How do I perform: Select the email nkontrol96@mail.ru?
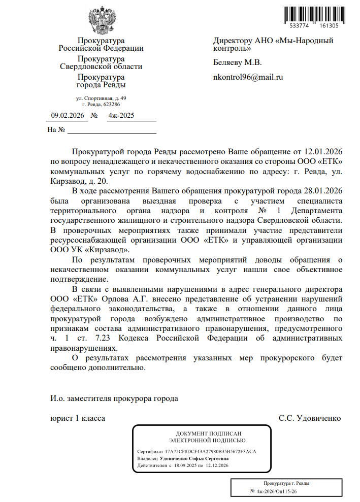[248, 78]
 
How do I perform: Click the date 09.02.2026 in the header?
[69, 116]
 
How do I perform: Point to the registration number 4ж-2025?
[121, 116]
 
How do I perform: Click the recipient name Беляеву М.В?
[237, 63]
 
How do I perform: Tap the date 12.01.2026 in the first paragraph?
[323, 152]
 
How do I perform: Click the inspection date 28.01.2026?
[323, 191]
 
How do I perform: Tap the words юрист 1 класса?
[77, 418]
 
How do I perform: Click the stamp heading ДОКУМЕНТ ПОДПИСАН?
[202, 433]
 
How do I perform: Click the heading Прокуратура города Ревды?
[101, 81]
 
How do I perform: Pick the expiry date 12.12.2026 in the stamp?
[216, 465]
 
